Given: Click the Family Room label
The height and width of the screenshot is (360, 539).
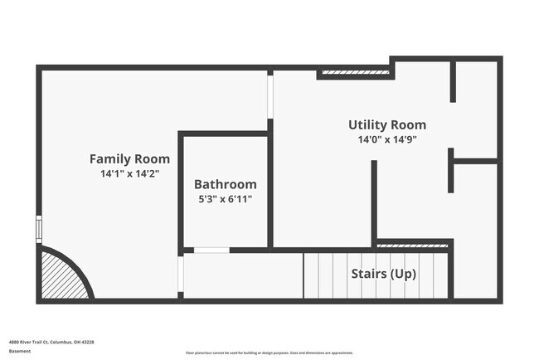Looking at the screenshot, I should point(129,158).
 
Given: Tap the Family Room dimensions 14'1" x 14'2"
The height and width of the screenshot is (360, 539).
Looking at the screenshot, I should point(129,174).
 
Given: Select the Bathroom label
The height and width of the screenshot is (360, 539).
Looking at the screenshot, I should point(226,184).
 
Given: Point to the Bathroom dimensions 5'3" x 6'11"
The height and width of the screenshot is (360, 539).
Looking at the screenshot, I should point(226,199).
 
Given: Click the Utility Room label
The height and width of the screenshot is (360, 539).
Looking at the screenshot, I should point(387,124).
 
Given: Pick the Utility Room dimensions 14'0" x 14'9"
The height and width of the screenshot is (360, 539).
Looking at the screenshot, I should point(387,140).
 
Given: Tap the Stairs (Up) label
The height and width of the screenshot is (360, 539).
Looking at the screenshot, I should point(383,274).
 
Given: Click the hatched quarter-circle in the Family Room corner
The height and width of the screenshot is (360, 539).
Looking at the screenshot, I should point(61,278).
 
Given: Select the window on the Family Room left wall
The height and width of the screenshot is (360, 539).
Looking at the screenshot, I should point(38,228).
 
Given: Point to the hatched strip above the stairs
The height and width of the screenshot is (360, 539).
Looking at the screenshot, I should point(413,246).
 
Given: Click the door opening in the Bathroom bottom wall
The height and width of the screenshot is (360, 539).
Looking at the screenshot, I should point(211,250).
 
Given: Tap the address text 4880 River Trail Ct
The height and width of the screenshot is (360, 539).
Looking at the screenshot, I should point(51,341).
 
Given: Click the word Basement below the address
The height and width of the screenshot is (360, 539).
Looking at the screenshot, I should point(20,351).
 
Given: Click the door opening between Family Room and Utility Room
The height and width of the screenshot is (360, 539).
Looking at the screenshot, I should point(270,95).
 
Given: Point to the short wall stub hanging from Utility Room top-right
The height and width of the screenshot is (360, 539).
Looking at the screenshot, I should point(453,80).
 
